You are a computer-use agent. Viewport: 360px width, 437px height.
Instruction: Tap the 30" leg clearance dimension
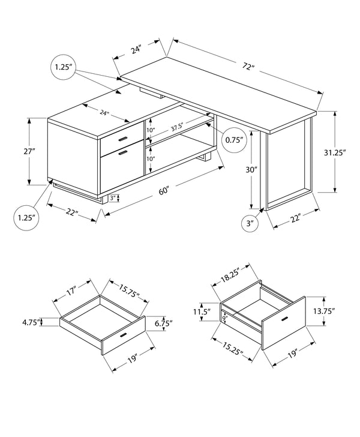(x=251, y=170)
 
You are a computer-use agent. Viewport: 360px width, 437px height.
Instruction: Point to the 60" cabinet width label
(x=163, y=191)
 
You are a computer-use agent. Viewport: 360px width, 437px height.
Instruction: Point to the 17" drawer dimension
(x=71, y=295)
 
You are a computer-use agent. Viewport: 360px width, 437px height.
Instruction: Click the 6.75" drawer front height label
(x=161, y=323)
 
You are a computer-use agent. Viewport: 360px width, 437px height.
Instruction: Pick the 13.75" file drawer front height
(x=324, y=311)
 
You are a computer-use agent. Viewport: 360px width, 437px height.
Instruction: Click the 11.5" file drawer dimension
(x=202, y=312)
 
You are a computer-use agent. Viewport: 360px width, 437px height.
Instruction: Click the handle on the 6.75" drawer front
(x=124, y=334)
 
